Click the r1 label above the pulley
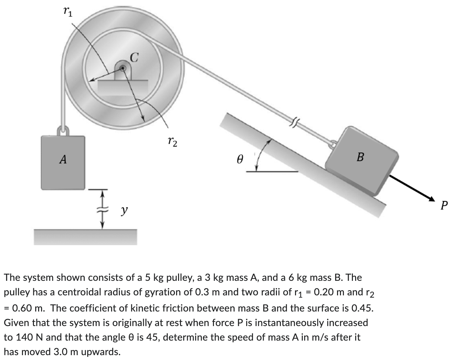point(68,12)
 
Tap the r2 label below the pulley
point(173,141)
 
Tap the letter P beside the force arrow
point(445,205)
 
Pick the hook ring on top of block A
point(63,131)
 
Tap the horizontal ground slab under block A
point(86,237)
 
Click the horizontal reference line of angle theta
point(271,172)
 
